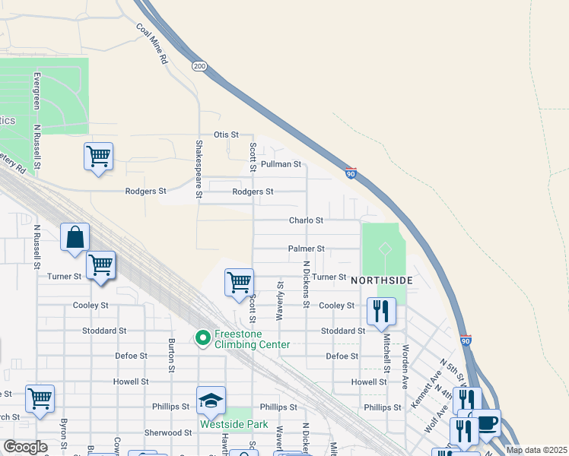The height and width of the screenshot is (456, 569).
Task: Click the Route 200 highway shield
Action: point(199,67)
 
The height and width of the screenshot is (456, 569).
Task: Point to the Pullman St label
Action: point(281,164)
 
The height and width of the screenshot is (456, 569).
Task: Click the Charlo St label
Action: point(306,220)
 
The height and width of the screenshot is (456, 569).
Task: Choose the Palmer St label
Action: point(306,249)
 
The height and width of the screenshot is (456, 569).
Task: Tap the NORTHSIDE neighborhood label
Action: point(382,280)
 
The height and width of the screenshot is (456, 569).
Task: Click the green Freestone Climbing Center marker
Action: point(203,337)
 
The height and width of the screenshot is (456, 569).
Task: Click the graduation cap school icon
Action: point(211,399)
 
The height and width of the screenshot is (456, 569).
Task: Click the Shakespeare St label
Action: point(199,169)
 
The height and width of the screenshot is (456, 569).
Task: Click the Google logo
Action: point(25,447)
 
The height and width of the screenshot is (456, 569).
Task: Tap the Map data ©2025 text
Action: point(536,450)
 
